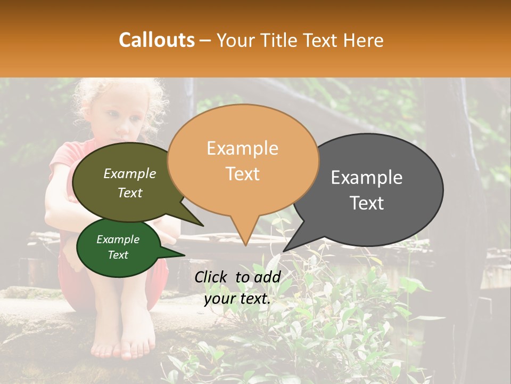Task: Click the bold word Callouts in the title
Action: click(x=156, y=40)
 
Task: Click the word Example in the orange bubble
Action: click(x=242, y=148)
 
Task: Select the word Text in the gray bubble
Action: click(x=367, y=203)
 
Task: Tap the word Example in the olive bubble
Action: click(x=130, y=173)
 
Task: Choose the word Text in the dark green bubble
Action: click(x=118, y=255)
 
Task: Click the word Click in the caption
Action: click(x=211, y=277)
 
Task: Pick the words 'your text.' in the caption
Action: click(x=237, y=299)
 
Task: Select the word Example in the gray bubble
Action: click(x=367, y=178)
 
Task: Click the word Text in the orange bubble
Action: click(x=242, y=174)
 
